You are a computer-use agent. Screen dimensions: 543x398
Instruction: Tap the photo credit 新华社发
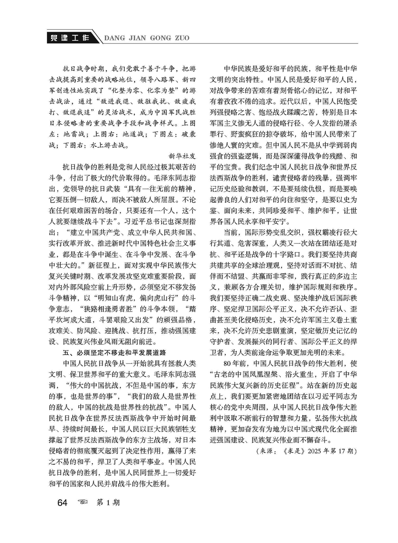click(x=182, y=155)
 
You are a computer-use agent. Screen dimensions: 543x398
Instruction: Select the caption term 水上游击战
click(x=108, y=144)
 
